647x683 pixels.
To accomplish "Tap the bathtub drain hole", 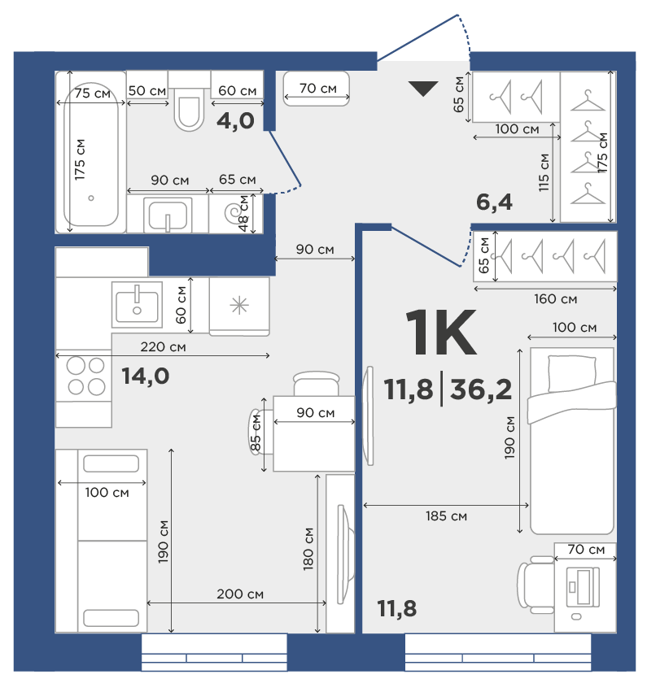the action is click(91, 198).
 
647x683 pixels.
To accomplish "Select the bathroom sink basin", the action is click(168, 215).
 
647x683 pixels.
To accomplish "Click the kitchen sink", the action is click(137, 305).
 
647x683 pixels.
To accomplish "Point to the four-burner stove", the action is click(84, 376).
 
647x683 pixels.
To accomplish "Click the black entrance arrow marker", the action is click(423, 89).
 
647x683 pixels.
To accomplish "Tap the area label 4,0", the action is click(235, 120).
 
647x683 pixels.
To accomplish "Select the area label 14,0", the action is click(145, 376).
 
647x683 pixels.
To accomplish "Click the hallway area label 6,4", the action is click(495, 202).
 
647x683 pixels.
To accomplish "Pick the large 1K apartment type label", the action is click(441, 332).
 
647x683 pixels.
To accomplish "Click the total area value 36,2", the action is click(481, 389).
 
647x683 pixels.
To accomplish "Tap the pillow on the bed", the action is click(571, 373).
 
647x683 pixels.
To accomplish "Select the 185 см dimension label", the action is click(446, 516).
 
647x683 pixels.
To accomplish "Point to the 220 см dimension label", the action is click(163, 346).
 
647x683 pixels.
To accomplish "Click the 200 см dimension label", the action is click(240, 594).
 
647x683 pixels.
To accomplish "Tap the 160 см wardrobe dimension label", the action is click(555, 299).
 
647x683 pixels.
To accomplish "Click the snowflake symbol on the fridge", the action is click(239, 306).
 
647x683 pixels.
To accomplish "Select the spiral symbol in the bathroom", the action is click(232, 213).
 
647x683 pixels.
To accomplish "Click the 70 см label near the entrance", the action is click(318, 89).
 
